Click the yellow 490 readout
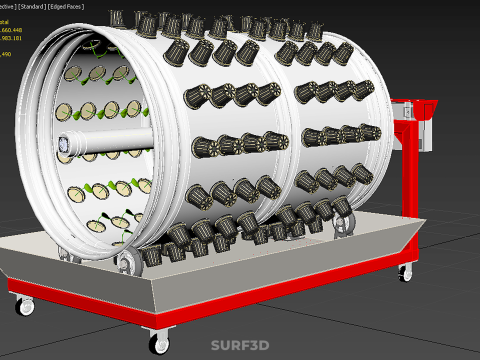click(6, 53)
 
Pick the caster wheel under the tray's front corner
click(160, 343)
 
